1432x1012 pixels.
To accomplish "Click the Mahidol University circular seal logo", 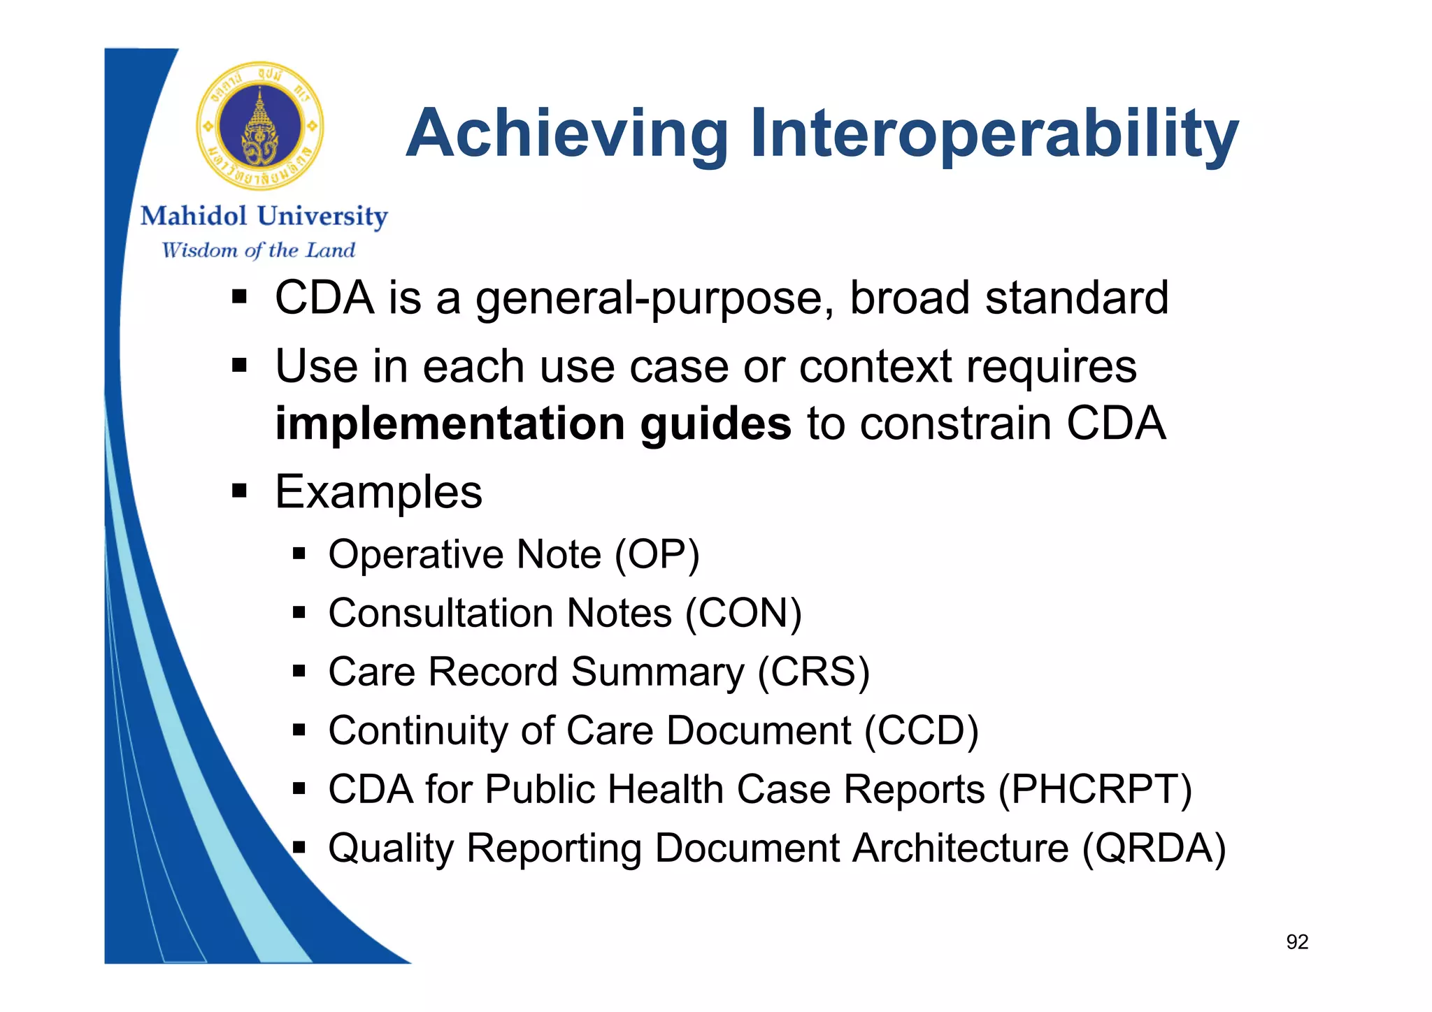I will click(260, 126).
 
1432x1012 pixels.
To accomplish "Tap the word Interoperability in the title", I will click(994, 133).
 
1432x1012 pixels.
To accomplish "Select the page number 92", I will click(1297, 942).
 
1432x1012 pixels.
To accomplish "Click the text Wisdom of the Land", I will click(258, 250).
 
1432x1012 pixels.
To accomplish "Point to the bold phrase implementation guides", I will click(533, 424).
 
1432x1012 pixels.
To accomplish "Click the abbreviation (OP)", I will click(657, 555).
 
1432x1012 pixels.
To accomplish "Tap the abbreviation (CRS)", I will click(814, 672).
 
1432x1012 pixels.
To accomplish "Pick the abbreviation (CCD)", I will click(921, 731).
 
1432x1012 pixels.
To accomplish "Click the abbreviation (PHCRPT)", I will click(1094, 790).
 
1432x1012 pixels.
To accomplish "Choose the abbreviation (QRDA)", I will click(1154, 848).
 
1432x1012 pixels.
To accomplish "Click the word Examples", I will click(378, 492).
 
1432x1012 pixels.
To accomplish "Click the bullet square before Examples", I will click(240, 491).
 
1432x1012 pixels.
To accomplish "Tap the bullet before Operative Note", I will click(300, 555).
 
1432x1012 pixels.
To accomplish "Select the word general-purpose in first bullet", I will click(653, 298).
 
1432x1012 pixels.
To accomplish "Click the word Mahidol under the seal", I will click(194, 216).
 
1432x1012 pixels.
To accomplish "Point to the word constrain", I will click(955, 424).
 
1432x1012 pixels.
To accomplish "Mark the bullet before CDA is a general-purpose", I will click(240, 298).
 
